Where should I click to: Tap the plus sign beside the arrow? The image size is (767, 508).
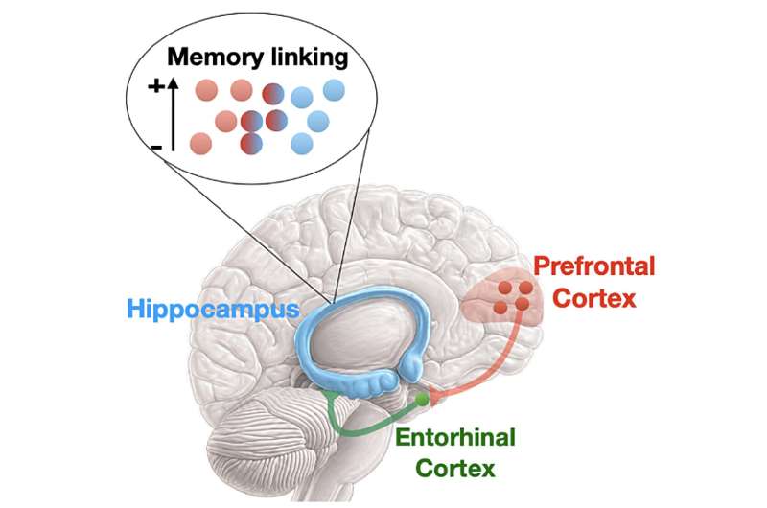coord(156,86)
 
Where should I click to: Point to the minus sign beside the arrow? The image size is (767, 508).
coord(156,147)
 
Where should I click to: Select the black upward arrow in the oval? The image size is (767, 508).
coord(173,115)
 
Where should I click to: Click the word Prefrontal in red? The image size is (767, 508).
coord(593,266)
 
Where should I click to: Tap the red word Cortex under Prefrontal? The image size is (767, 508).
coord(595,298)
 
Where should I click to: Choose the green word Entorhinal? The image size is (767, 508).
coord(455,437)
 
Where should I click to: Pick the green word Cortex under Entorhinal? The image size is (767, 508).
coord(455,468)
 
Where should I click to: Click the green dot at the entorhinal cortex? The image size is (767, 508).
coord(422,400)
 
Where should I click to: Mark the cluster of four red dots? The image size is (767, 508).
coord(513,296)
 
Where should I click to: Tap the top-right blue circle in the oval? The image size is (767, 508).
coord(334,90)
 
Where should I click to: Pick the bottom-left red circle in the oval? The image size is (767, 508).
coord(200,143)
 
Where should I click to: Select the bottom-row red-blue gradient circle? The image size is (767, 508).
coord(251,143)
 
